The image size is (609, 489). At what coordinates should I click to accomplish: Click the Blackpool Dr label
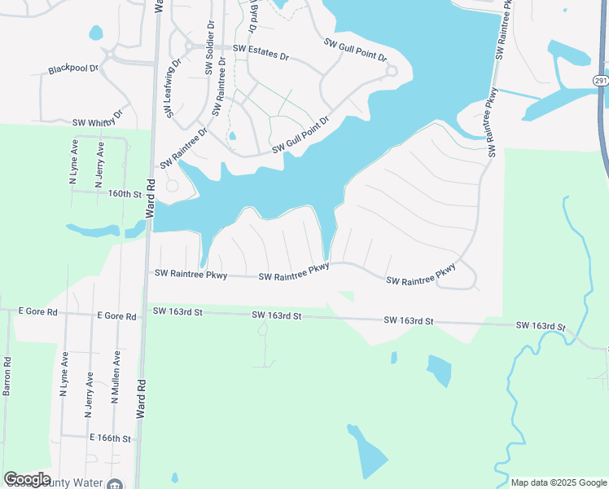point(72,70)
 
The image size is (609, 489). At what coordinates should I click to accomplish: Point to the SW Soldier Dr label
point(209,48)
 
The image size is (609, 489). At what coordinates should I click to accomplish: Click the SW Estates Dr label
point(261,53)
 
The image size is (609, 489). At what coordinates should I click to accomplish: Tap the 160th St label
point(125,195)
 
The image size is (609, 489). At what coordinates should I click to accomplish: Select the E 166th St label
point(111,438)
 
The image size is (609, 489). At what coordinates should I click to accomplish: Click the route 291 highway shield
point(599,81)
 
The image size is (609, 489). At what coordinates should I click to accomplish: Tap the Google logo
point(27,479)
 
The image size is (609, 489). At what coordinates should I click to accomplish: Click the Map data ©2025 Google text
point(558,482)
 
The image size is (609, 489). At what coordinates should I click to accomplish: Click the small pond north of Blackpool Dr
point(96,33)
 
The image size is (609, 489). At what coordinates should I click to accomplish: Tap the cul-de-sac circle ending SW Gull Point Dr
point(391,71)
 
